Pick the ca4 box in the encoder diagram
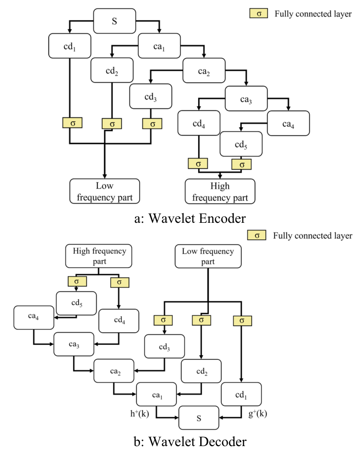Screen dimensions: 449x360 (288, 123)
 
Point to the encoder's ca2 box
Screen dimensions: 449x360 (203, 72)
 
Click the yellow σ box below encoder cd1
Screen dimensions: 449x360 (72, 123)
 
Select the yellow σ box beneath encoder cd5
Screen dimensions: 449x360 (241, 165)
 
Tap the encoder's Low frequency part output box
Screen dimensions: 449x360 (105, 191)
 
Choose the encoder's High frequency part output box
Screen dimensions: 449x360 (220, 191)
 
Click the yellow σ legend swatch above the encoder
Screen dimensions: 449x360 (259, 14)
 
